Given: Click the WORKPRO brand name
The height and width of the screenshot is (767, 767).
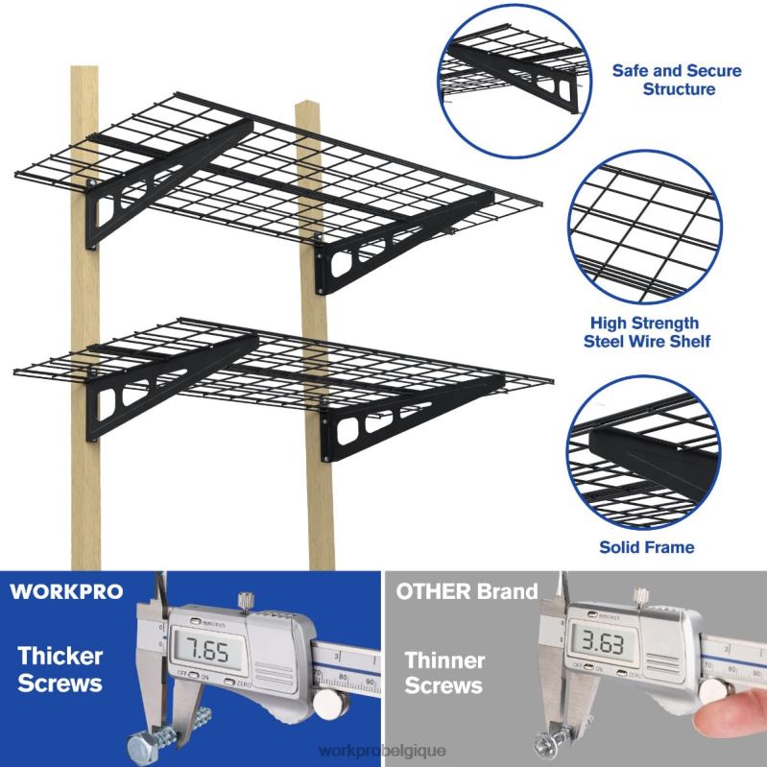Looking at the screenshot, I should [x=66, y=591].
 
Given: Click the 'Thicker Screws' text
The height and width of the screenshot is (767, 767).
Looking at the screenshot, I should [x=59, y=670].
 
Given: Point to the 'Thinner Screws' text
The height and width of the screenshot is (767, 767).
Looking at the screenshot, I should [x=443, y=673].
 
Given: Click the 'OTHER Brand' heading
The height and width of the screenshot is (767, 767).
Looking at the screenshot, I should [x=467, y=591].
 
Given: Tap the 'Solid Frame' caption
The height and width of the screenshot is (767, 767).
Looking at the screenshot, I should [x=646, y=548].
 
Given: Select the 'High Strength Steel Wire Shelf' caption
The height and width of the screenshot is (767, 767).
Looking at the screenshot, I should [x=655, y=332].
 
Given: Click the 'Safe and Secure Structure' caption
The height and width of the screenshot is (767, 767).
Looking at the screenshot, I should [x=662, y=80].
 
